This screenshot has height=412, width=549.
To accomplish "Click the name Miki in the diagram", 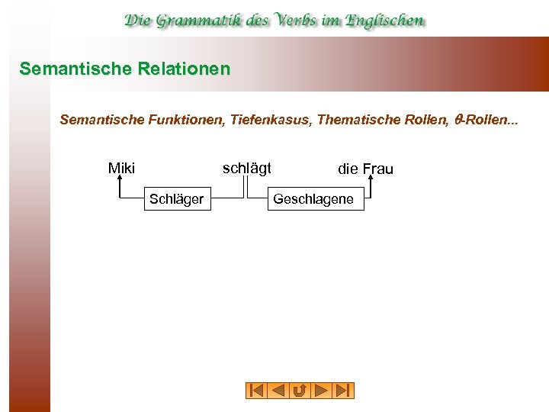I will tap(121, 168).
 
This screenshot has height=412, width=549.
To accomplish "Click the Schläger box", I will tap(176, 199).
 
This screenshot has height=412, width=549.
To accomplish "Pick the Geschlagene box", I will tap(313, 199).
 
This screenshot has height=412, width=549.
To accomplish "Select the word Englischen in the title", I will tap(385, 21).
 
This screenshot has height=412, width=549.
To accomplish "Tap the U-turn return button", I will tap(300, 391).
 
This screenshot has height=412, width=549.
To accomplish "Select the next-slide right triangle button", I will tap(322, 391).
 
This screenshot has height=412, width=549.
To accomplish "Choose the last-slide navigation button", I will tap(343, 391).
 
